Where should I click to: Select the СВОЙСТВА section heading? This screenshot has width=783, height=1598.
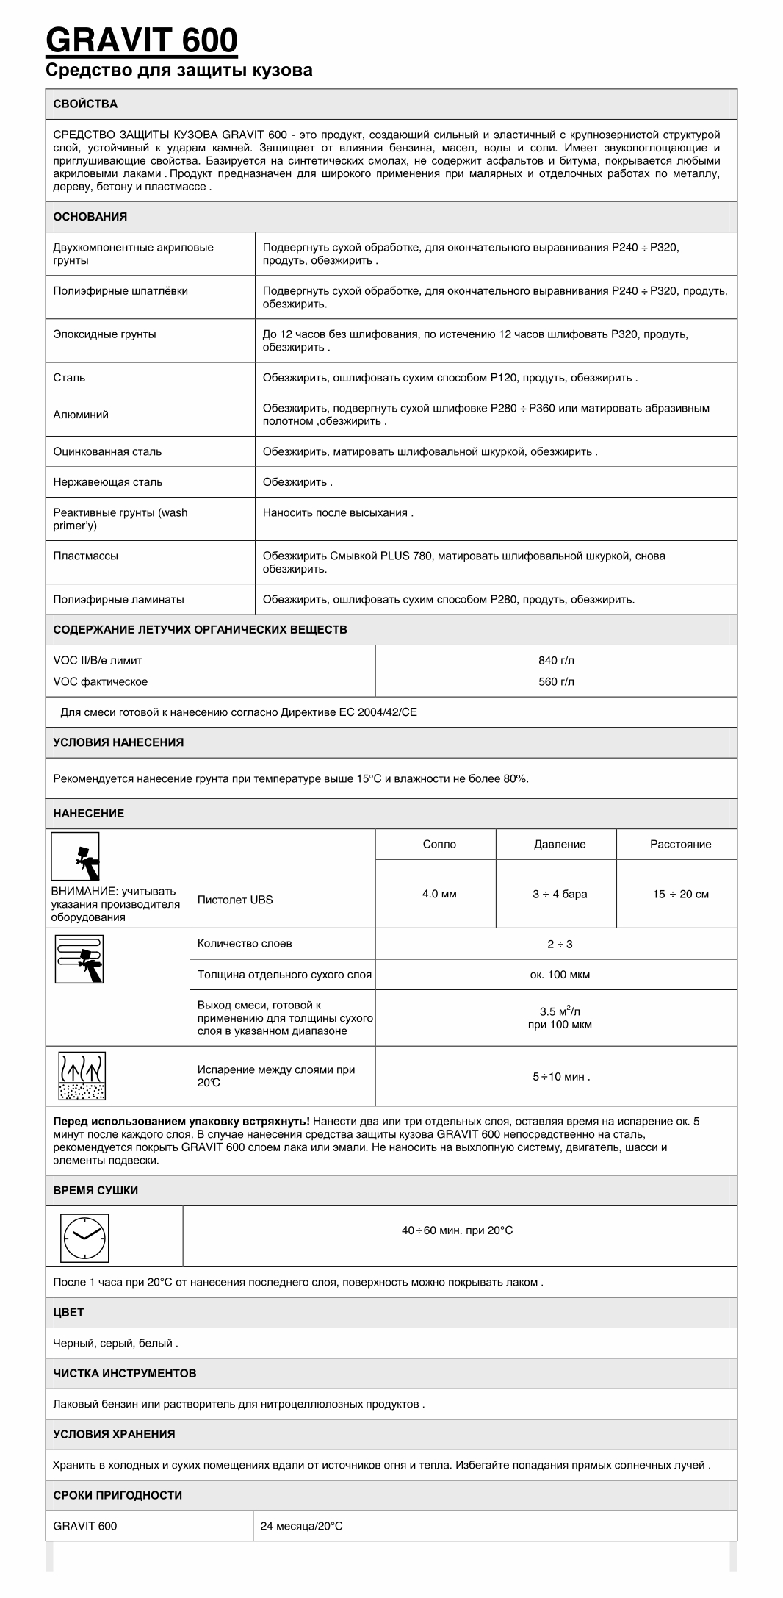pyautogui.click(x=85, y=104)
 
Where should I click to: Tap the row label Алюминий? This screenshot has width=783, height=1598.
pyautogui.click(x=81, y=415)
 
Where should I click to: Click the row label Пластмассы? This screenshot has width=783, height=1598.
pyautogui.click(x=85, y=556)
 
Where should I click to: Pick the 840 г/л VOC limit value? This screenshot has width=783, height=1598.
pyautogui.click(x=556, y=660)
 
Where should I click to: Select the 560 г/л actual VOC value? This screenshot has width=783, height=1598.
pyautogui.click(x=556, y=681)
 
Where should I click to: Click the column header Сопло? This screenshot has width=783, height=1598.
pyautogui.click(x=439, y=844)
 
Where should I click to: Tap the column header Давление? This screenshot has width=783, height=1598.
pyautogui.click(x=560, y=844)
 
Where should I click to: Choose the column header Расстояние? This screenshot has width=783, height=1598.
pyautogui.click(x=680, y=844)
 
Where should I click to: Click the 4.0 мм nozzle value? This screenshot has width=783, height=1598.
pyautogui.click(x=439, y=894)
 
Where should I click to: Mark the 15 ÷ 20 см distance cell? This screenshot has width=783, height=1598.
pyautogui.click(x=680, y=894)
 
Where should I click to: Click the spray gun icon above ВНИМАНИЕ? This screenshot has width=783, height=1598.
pyautogui.click(x=75, y=856)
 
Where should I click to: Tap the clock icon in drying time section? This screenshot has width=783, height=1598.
pyautogui.click(x=84, y=1237)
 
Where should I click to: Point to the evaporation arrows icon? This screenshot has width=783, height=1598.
pyautogui.click(x=82, y=1076)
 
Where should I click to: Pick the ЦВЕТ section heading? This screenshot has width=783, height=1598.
pyautogui.click(x=68, y=1312)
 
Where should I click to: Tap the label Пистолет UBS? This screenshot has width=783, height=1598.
pyautogui.click(x=234, y=900)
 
